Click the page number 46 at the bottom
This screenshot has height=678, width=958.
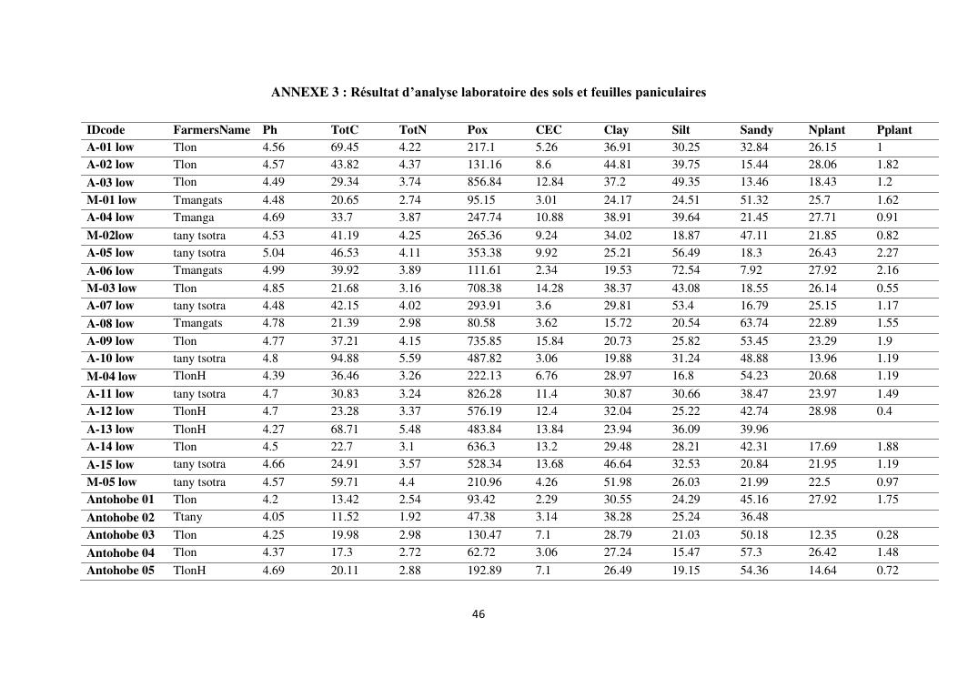[x=479, y=614]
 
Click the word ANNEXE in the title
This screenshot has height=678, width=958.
[x=296, y=93]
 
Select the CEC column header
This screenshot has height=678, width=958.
[x=549, y=130]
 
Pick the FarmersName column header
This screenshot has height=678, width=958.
[x=211, y=130]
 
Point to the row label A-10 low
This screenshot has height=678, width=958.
[x=110, y=359]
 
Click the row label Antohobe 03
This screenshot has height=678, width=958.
[x=120, y=535]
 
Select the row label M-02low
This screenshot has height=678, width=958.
[x=110, y=236]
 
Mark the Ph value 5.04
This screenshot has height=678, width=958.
[x=274, y=253]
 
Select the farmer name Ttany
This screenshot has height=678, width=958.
[x=188, y=517]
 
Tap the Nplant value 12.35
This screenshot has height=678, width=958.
[x=822, y=535]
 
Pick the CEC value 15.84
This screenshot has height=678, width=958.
[x=550, y=341]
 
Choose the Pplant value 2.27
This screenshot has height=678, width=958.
[x=888, y=253]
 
